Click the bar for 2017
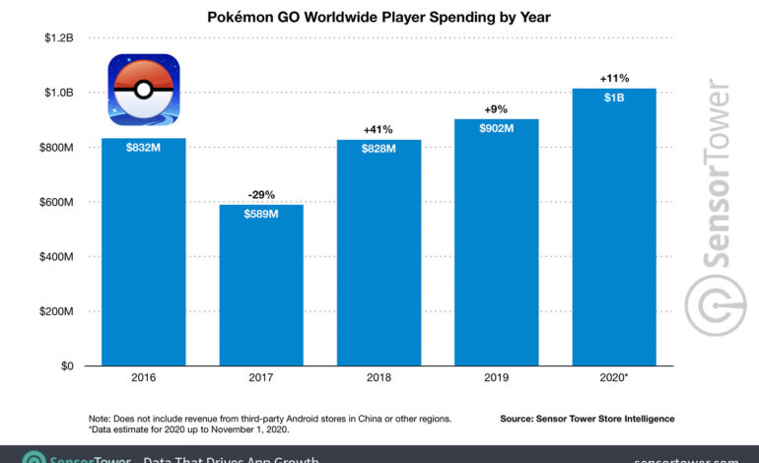point(260,286)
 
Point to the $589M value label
point(261,215)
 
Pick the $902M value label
point(495,129)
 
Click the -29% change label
point(261,194)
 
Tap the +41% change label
point(379,129)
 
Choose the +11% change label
point(612,78)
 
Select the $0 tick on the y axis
point(65,366)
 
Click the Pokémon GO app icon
point(144,90)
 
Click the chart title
point(379,17)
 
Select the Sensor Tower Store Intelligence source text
point(586,419)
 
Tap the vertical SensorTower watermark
point(708,207)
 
